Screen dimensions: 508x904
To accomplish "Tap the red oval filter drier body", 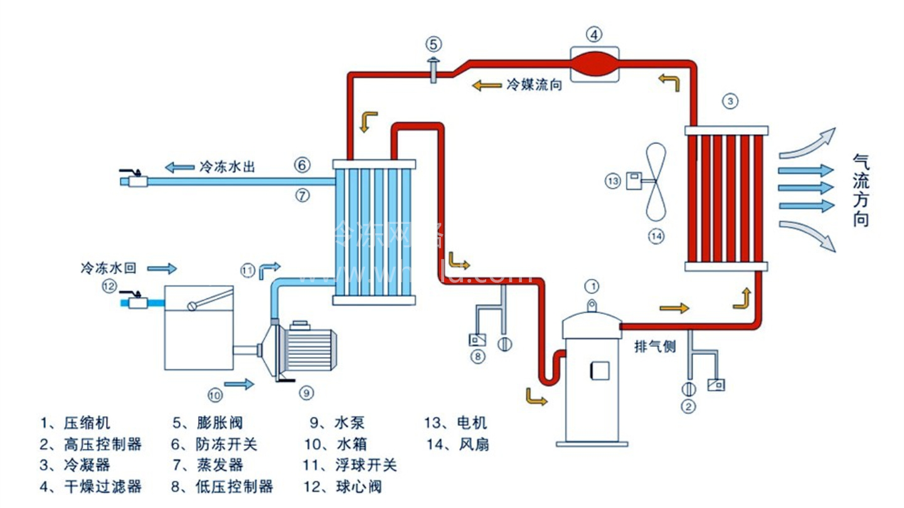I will pos(594,64).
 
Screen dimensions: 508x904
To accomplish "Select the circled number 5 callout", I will pos(434,44).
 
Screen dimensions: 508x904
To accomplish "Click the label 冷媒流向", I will pos(534,85).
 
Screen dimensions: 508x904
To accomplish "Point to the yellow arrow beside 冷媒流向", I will pos(486,85).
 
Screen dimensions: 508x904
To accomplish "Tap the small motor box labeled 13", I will pos(632,181).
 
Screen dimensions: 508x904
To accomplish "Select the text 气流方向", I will pos(861,191).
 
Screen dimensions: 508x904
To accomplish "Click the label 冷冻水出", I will pos(227,167).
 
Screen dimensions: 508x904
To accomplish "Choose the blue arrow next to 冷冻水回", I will pos(162,268).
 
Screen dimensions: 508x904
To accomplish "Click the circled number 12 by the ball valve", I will pos(110,286).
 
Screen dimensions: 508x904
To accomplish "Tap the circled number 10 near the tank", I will pos(215,394).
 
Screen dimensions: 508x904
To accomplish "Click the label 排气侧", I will pos(655,347).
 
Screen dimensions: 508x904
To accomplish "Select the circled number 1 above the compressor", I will pos(592,286).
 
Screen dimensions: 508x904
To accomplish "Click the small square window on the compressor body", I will pos(595,371).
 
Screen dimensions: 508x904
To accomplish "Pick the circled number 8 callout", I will pos(477,357).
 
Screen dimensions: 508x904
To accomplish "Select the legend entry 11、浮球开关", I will pos(350,465).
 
